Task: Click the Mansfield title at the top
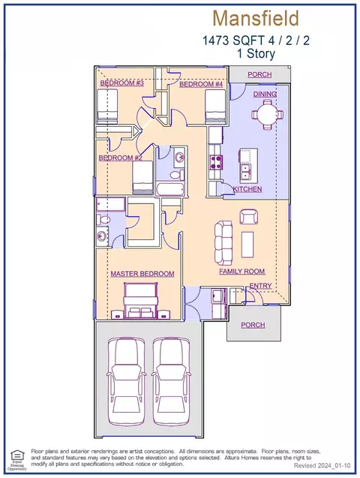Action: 256,18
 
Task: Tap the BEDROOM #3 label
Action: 121,83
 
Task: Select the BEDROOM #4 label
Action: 201,84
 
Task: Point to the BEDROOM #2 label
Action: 120,158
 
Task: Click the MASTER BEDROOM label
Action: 142,274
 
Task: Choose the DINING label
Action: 265,95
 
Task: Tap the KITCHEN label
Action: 247,189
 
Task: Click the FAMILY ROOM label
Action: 241,272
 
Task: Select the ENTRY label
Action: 260,286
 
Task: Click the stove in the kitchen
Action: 216,161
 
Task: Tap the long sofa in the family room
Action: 223,242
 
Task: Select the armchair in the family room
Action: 249,216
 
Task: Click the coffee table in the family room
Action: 247,245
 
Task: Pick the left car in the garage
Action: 125,381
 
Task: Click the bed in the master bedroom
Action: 140,301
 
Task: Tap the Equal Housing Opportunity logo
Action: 17,460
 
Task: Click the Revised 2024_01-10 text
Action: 322,466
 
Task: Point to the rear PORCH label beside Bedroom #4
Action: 259,75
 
